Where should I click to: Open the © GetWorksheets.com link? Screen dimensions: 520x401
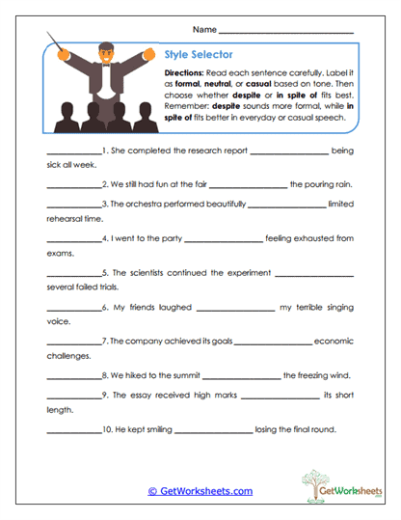200,490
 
